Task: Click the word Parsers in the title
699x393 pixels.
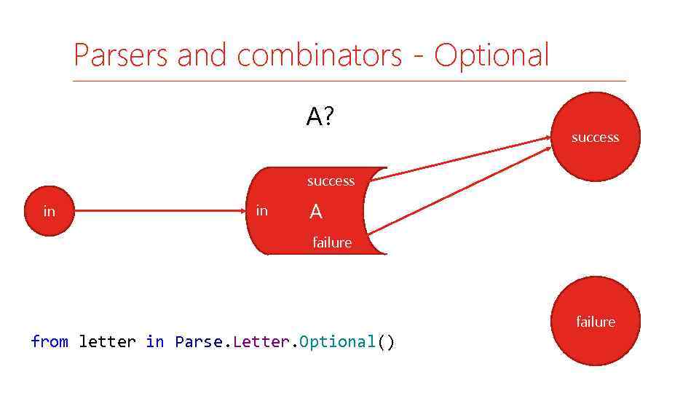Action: click(121, 55)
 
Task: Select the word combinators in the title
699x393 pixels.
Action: click(319, 55)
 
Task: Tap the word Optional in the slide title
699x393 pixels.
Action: click(491, 55)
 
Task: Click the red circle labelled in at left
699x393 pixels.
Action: click(49, 211)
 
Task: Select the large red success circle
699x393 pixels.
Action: click(595, 137)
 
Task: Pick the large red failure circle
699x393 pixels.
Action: click(595, 321)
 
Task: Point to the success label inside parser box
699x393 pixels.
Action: click(331, 181)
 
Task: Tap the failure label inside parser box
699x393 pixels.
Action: click(332, 242)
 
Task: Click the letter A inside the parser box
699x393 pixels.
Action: click(316, 212)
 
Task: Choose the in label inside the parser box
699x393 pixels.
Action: click(262, 211)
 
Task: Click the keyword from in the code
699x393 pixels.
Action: click(50, 341)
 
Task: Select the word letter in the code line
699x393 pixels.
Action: click(107, 341)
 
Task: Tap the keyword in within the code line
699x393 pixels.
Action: click(155, 341)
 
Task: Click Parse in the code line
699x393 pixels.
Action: click(198, 341)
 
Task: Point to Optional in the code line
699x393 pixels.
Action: click(337, 341)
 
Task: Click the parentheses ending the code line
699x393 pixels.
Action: click(386, 341)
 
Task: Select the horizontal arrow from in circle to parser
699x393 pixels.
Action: click(160, 211)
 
